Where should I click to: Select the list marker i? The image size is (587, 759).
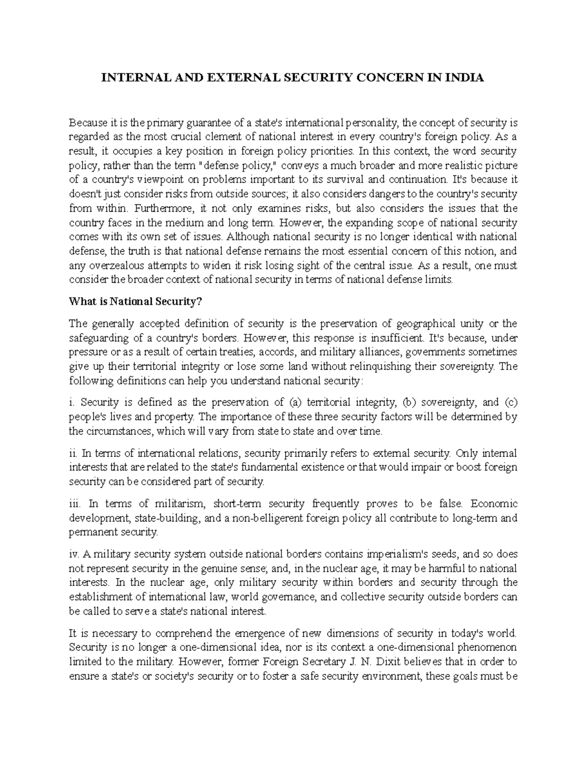[71, 403]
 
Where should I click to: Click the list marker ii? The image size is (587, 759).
[72, 453]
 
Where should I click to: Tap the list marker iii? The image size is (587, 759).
[74, 504]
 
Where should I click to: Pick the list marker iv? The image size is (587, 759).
[74, 554]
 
